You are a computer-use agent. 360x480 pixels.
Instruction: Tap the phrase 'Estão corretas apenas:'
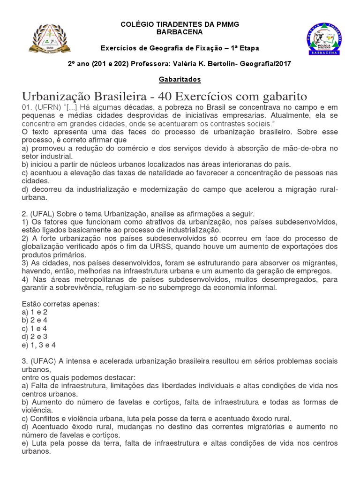click(x=60, y=303)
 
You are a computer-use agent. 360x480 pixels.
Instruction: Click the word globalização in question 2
click(x=45, y=247)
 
